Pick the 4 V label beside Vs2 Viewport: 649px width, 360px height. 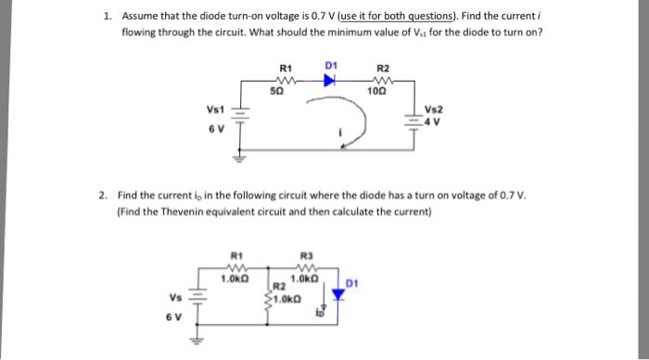433,120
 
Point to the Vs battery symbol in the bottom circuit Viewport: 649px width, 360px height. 195,298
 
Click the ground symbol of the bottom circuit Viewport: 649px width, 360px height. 196,339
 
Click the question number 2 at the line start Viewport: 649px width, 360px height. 105,196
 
